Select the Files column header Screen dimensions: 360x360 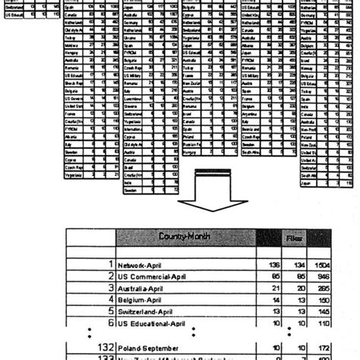point(293,238)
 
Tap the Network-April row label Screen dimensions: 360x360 point(145,266)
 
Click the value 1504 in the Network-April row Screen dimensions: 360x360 point(322,266)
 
